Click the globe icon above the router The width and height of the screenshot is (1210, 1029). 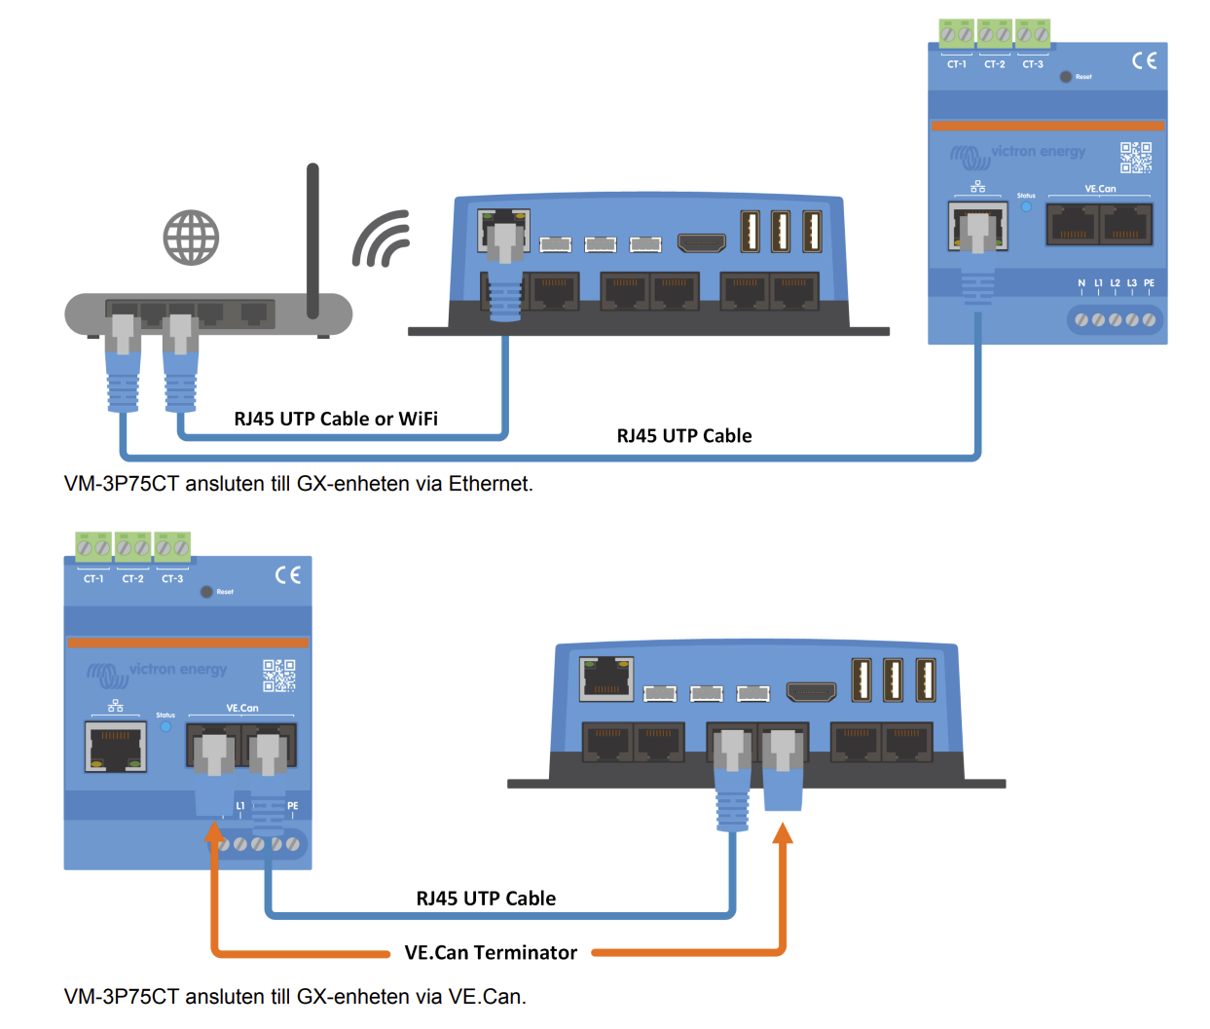coord(191,238)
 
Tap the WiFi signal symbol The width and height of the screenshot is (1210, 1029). coord(382,239)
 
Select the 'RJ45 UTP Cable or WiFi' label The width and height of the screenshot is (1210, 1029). coord(336,419)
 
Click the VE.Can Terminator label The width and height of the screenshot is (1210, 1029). coord(491,952)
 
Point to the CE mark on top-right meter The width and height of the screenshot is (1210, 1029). coord(1144,60)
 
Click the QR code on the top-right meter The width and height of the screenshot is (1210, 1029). coord(1135,157)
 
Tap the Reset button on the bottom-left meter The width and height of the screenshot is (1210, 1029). coord(206,592)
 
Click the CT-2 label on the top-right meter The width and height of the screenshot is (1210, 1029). coord(994,64)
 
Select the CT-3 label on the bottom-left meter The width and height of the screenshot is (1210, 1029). coord(172,578)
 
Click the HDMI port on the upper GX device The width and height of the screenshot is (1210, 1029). coord(701,242)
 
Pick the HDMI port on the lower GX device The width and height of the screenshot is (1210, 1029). coord(811,692)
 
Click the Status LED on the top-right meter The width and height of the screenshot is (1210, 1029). coord(1026,206)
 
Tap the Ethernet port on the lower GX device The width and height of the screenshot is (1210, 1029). coord(606,679)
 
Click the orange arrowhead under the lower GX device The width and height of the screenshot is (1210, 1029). coord(782,833)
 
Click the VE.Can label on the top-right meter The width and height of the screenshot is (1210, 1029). coord(1100,189)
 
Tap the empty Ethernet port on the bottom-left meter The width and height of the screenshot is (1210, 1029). coord(116,748)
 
